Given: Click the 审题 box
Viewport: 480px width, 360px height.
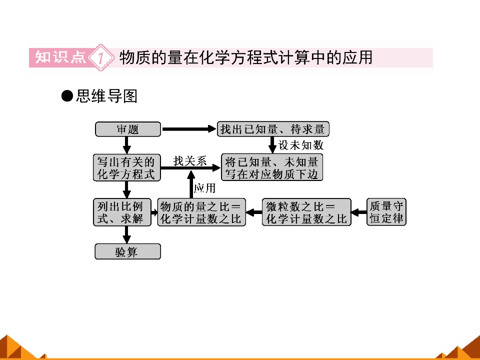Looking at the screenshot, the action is click(x=128, y=129).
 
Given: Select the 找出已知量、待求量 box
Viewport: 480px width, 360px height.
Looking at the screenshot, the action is click(x=273, y=129).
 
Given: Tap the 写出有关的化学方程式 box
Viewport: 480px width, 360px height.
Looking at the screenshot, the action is click(x=126, y=167).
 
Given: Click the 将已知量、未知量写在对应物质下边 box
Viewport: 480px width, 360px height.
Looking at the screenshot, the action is click(x=272, y=167).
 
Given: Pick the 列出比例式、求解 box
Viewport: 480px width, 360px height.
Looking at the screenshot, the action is click(x=122, y=212).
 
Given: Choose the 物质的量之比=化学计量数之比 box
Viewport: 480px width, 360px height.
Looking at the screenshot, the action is click(x=201, y=212).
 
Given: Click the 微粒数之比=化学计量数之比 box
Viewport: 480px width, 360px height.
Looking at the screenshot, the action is click(x=306, y=212).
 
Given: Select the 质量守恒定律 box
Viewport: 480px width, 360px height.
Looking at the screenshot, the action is click(x=386, y=212).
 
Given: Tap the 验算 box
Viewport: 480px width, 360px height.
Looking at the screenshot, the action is click(x=127, y=251).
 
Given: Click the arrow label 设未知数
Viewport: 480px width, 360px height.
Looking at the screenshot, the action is click(x=301, y=145).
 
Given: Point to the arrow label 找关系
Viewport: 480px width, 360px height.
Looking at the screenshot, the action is click(x=190, y=160).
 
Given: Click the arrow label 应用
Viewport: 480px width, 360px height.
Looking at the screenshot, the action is click(x=205, y=188).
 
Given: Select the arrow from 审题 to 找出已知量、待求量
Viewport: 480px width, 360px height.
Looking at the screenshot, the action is click(x=189, y=129).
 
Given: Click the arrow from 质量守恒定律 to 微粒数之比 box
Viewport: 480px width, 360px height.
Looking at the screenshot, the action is click(x=359, y=212).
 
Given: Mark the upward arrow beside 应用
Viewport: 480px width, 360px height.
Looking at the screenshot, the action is click(x=191, y=184).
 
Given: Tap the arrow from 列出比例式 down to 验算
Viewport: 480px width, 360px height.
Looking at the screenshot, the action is click(x=126, y=235).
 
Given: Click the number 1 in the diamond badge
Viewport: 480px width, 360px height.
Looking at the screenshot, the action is click(x=100, y=57).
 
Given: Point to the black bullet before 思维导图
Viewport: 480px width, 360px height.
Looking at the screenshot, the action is click(x=67, y=96).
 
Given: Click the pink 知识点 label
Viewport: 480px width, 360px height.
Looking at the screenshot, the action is click(x=60, y=57).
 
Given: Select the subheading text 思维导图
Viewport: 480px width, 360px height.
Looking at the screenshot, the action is click(x=106, y=96).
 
